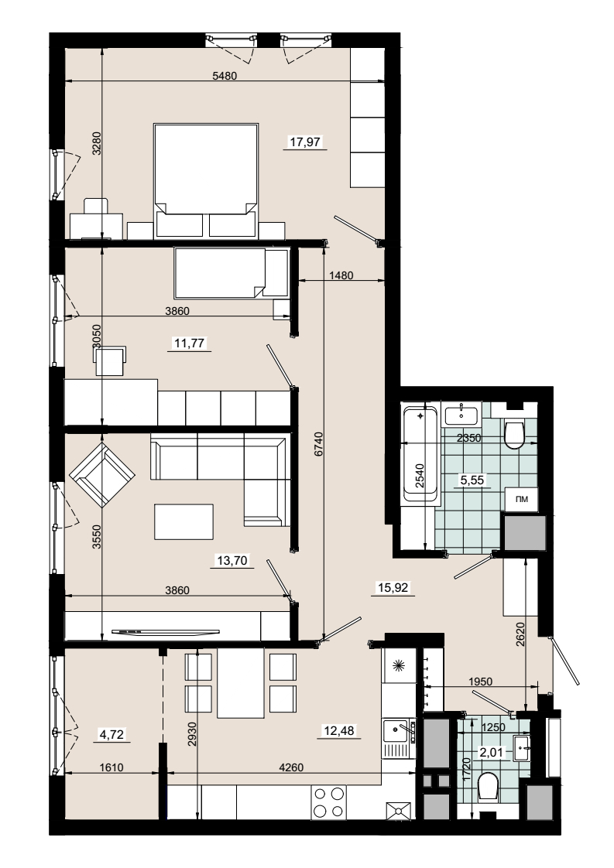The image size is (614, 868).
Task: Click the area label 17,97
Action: tap(305, 142)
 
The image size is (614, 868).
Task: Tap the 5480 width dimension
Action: tap(225, 76)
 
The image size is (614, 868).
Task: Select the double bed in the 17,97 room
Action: tap(206, 181)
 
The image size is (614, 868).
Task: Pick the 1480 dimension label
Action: tap(341, 275)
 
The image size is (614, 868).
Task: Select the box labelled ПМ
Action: tap(521, 499)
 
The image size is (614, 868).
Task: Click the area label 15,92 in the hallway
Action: tap(393, 588)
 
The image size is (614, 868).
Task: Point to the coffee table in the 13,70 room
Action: tap(184, 521)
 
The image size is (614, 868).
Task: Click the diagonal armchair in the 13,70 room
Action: tap(102, 473)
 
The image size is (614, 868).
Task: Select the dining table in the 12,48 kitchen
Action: tap(241, 683)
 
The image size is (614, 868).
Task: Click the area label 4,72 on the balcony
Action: tap(111, 735)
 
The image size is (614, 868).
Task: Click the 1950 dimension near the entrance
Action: tap(480, 682)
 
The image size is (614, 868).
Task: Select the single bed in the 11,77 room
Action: tap(231, 273)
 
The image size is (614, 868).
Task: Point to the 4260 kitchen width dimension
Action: tap(291, 767)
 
